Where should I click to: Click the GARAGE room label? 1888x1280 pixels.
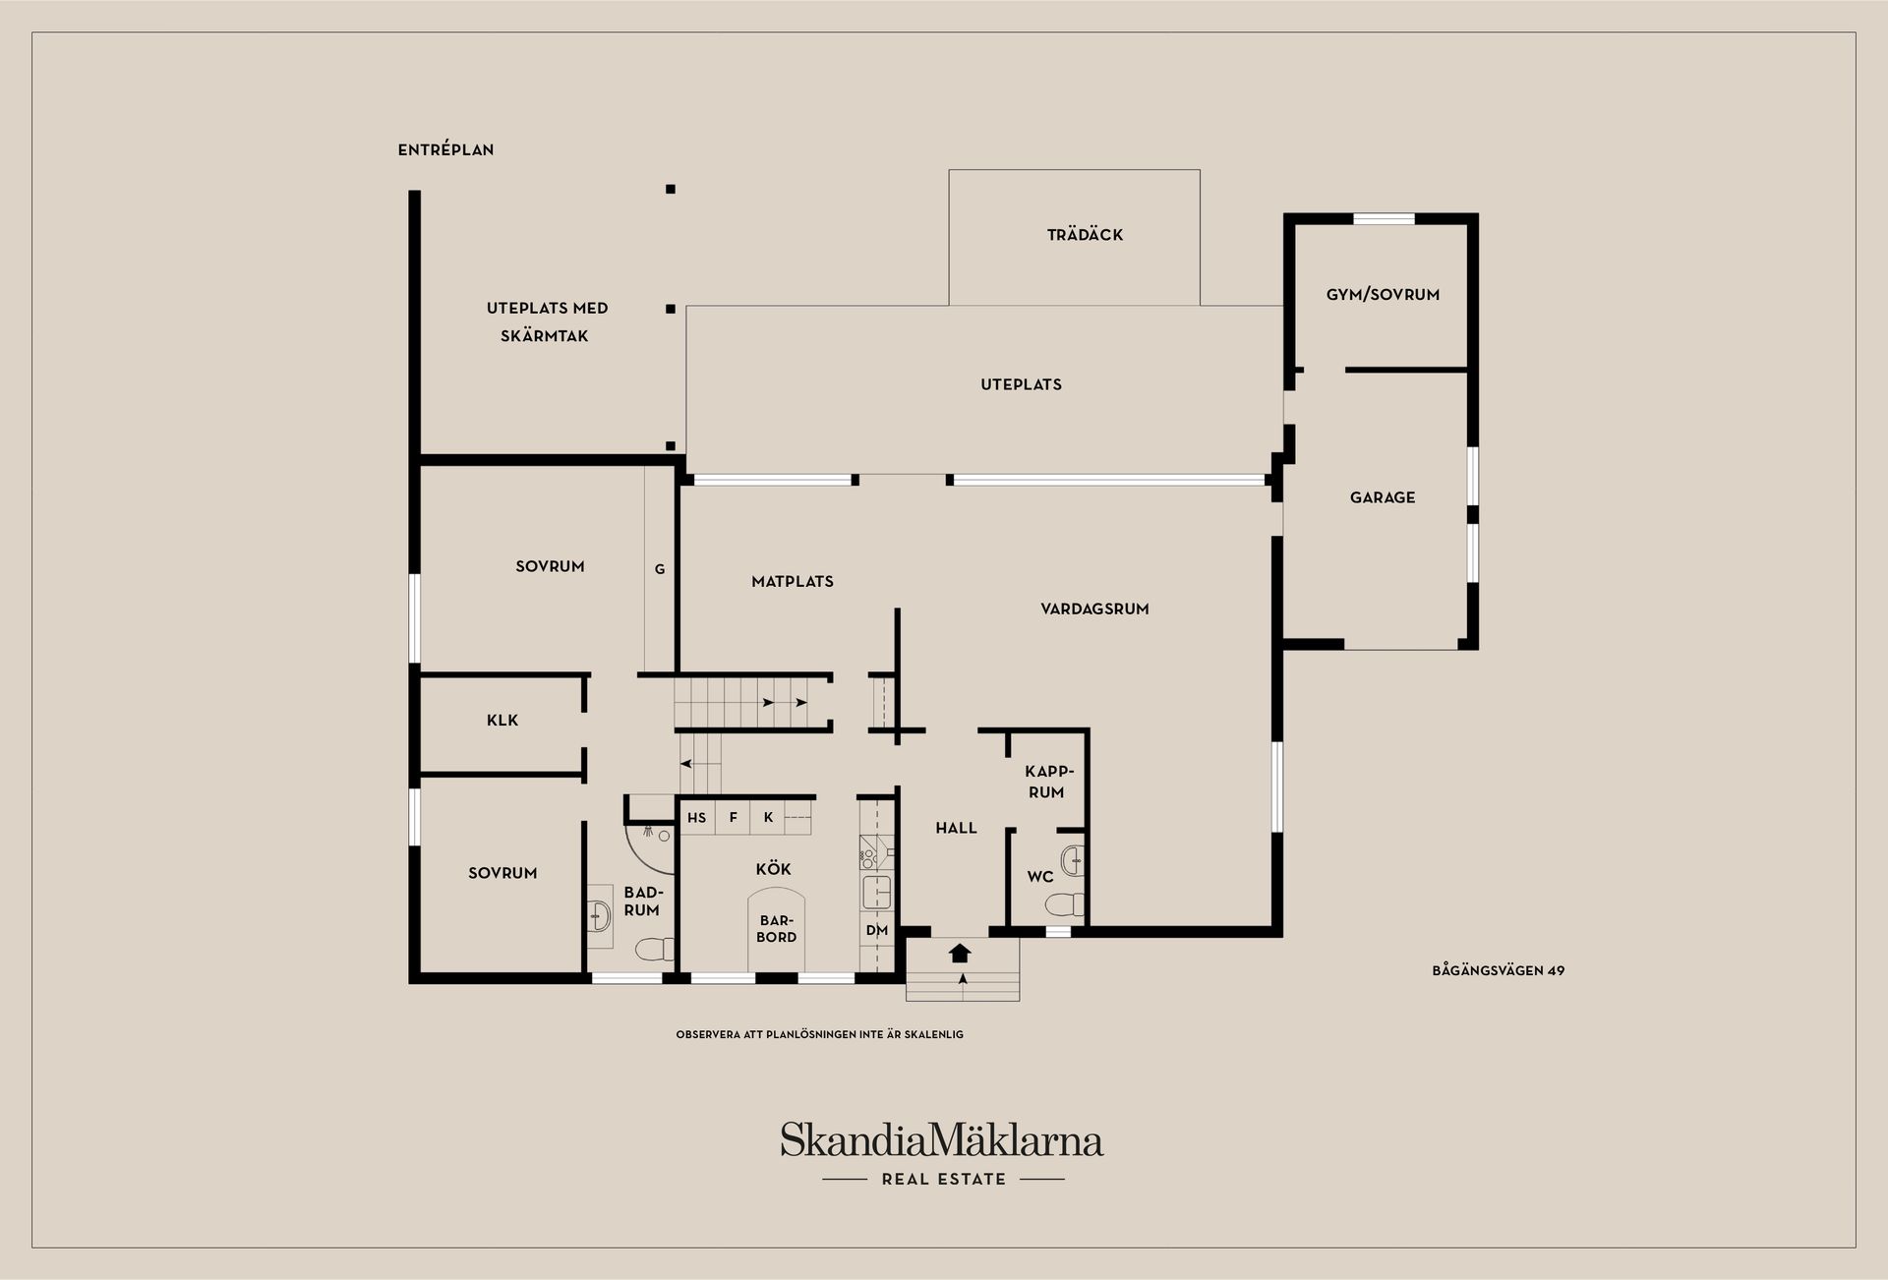(1383, 497)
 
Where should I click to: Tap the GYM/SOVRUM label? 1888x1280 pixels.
(1383, 294)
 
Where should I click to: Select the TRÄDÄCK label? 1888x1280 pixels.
(1085, 234)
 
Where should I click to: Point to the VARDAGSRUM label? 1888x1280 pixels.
(1094, 609)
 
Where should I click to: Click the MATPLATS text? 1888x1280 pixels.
(793, 581)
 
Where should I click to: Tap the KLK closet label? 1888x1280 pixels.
(502, 720)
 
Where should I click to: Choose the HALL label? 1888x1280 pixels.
(956, 828)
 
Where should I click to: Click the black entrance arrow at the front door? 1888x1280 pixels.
(961, 953)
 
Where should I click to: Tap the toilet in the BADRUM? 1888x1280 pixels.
(655, 950)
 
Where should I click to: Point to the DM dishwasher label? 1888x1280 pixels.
(877, 930)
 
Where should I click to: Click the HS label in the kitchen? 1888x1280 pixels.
(696, 817)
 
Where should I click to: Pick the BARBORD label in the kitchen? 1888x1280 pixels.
(776, 929)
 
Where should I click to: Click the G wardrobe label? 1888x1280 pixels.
(660, 569)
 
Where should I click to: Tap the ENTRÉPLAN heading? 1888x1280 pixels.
(445, 149)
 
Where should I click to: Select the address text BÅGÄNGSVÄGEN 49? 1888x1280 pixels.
(1498, 970)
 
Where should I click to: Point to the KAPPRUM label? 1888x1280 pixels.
(1048, 782)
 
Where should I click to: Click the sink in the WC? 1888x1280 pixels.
(1073, 861)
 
